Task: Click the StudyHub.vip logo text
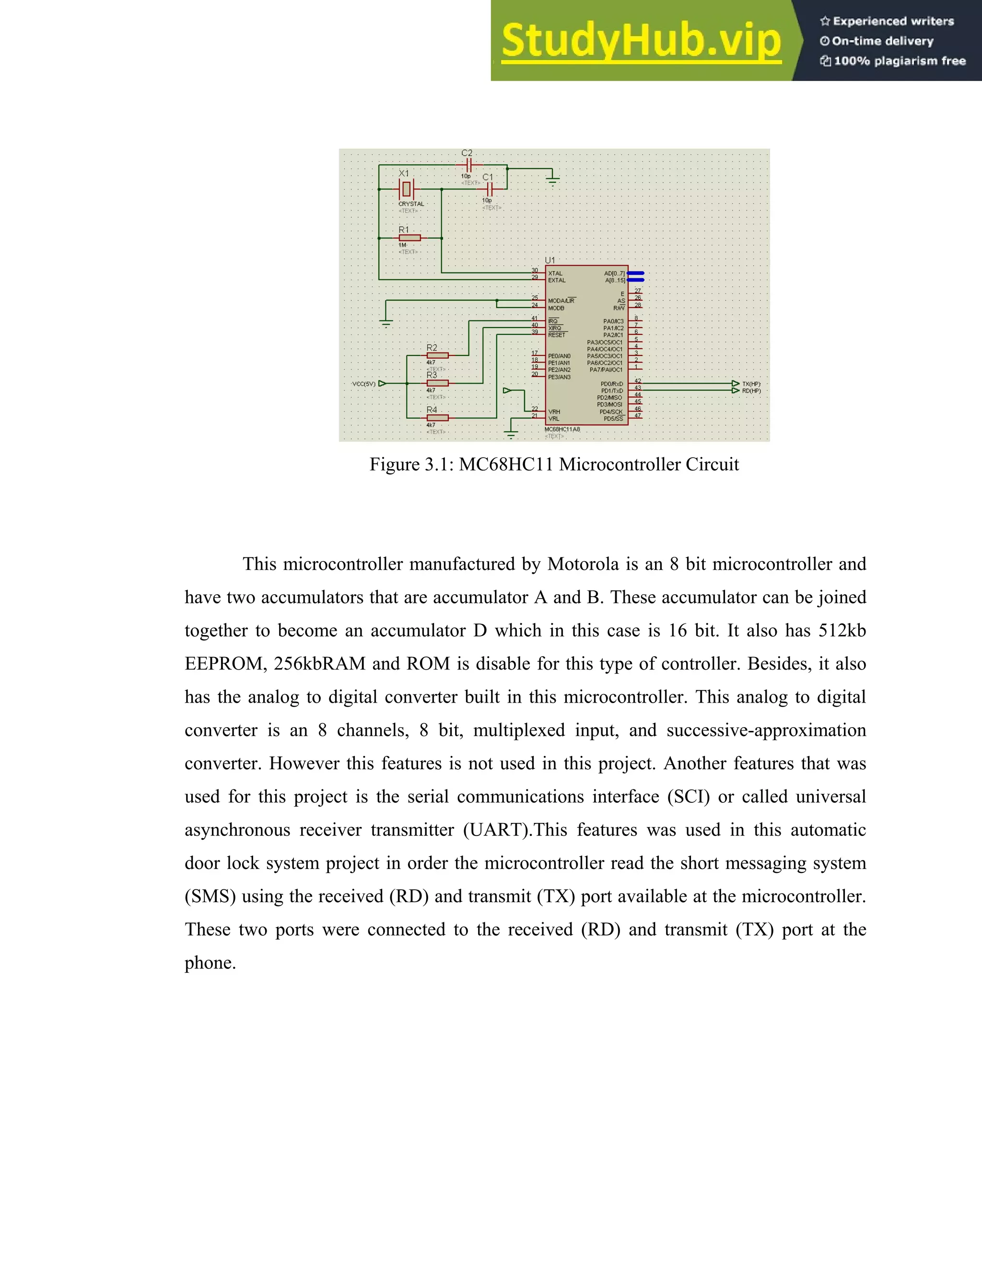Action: click(x=641, y=41)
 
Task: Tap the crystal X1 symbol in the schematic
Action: click(x=407, y=189)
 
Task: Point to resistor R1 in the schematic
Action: click(x=409, y=238)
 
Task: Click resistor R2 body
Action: click(x=437, y=355)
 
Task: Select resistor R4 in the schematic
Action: click(x=437, y=417)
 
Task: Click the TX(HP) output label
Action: click(x=751, y=384)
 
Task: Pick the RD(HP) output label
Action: click(x=751, y=391)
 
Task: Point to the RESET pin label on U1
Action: click(x=557, y=335)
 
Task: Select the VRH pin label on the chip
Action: click(x=554, y=412)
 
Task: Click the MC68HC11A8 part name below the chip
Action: click(x=562, y=429)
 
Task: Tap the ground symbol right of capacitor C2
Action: click(x=553, y=180)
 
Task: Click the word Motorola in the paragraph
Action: click(x=583, y=564)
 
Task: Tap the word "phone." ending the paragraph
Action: click(x=210, y=963)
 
